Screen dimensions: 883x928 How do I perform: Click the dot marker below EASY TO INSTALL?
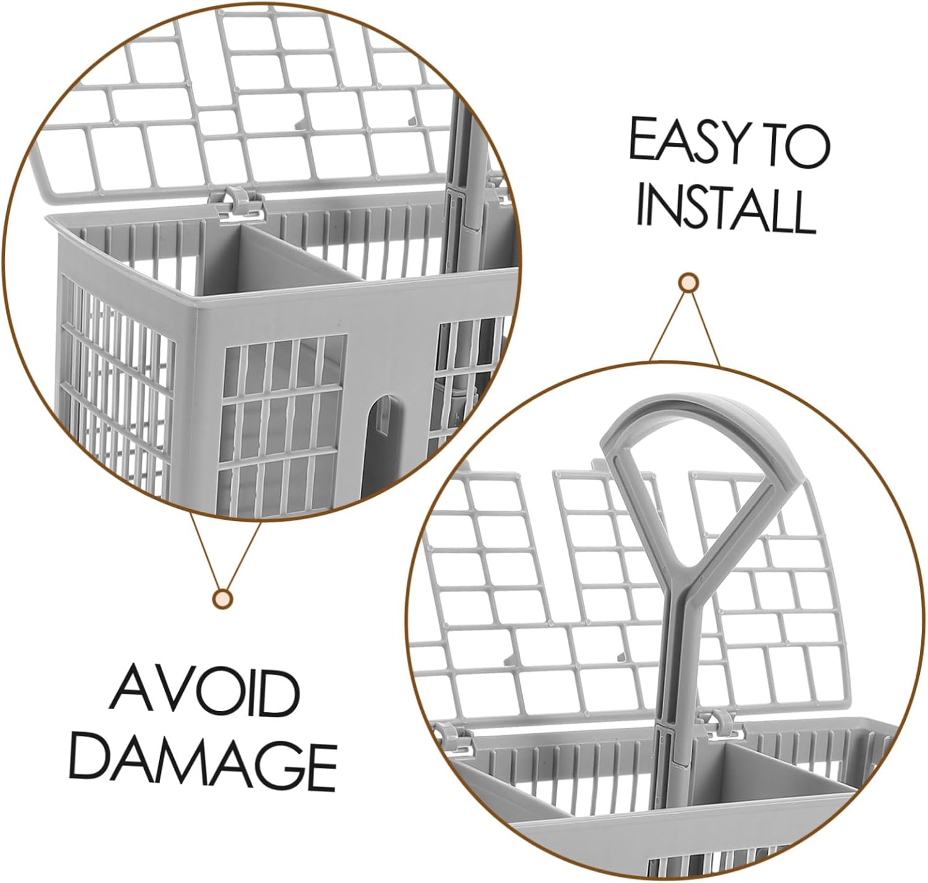click(688, 283)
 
